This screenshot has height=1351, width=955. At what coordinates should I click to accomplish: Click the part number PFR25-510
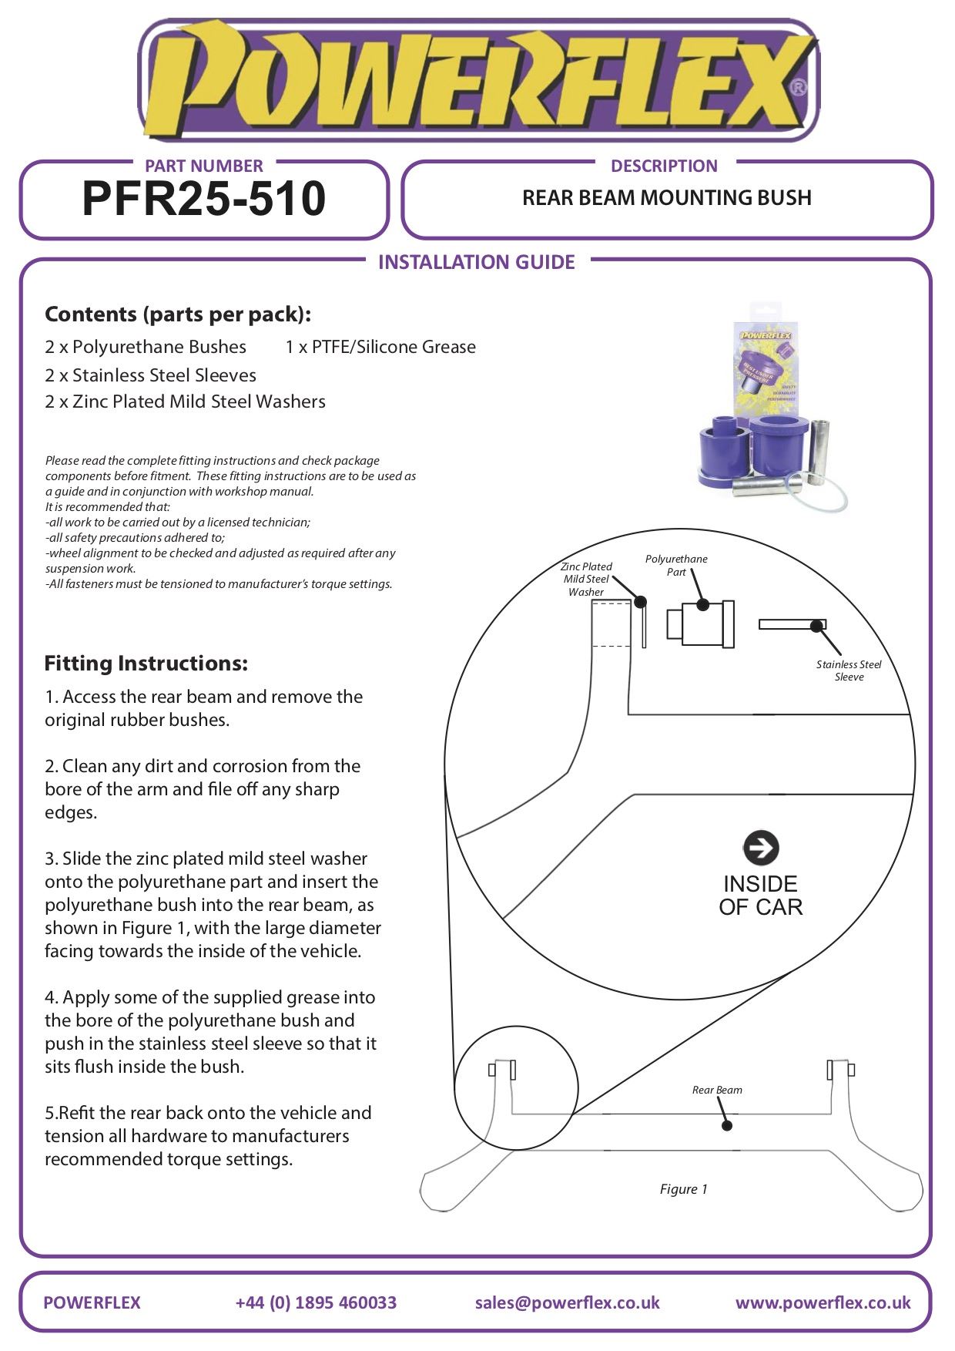(x=204, y=199)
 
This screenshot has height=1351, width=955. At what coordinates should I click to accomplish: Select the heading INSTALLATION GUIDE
(x=477, y=262)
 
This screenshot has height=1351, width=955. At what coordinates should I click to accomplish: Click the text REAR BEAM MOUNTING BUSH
(x=667, y=198)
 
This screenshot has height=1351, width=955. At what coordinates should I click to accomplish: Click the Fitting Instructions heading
(x=146, y=664)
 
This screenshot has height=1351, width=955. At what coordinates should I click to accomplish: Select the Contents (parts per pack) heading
(x=178, y=314)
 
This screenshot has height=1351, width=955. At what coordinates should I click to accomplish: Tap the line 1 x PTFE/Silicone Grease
(x=380, y=348)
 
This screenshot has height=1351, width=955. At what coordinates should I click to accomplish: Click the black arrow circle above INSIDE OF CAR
(x=761, y=848)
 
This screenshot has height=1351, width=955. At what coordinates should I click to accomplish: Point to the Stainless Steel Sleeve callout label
(x=849, y=670)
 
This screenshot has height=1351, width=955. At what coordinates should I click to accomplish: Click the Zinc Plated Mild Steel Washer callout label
(x=586, y=579)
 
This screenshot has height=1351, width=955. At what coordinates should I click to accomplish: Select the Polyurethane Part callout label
(x=676, y=565)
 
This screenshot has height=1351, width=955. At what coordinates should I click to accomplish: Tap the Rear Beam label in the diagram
(x=717, y=1090)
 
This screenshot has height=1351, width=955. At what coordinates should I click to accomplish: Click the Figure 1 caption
(x=683, y=1189)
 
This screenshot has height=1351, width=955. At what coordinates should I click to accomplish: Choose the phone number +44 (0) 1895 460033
(x=316, y=1302)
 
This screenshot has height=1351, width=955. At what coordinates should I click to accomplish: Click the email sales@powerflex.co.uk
(x=568, y=1302)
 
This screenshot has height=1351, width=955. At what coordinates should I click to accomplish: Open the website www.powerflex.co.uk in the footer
(x=823, y=1302)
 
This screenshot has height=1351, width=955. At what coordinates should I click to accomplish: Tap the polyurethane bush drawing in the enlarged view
(x=700, y=623)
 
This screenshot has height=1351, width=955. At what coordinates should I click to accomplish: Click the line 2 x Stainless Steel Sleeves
(x=150, y=375)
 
